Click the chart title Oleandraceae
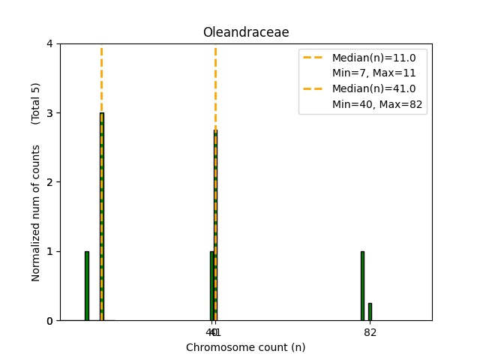[245, 32]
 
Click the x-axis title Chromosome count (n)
[245, 347]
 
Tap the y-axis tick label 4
[49, 44]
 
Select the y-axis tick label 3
[49, 113]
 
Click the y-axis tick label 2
[49, 182]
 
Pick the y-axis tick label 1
[49, 251]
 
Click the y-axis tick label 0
[49, 320]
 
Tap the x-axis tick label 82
[370, 332]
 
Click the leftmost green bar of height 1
[87, 286]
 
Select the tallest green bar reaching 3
[101, 217]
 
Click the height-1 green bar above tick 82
[362, 286]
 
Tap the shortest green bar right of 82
[370, 312]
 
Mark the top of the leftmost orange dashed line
[101, 48]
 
